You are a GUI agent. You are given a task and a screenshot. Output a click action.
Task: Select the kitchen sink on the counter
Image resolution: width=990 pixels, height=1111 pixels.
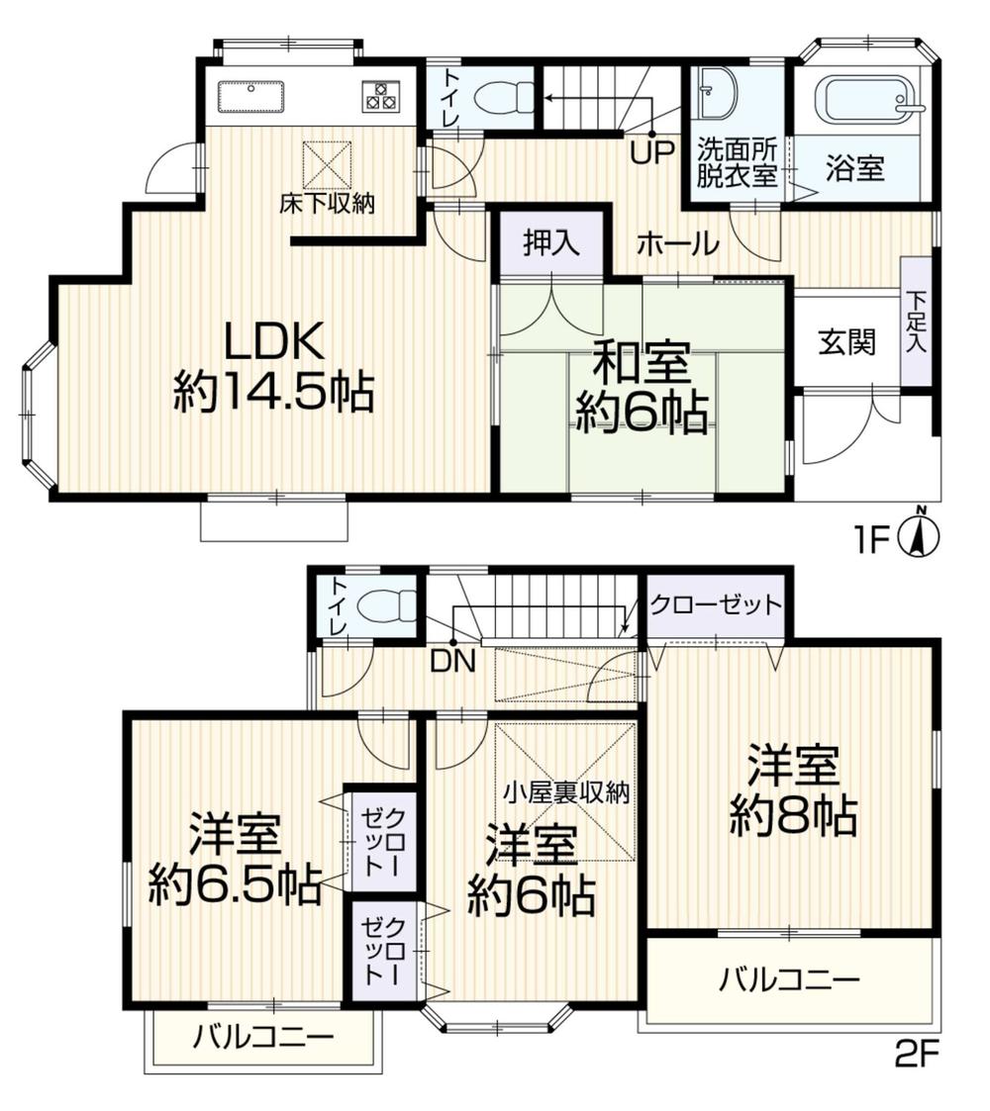pyautogui.click(x=250, y=97)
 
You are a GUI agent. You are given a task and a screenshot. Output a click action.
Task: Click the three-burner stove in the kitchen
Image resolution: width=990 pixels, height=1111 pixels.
pyautogui.click(x=381, y=95)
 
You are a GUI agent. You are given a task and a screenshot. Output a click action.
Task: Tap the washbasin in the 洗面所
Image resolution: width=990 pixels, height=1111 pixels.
pyautogui.click(x=716, y=93)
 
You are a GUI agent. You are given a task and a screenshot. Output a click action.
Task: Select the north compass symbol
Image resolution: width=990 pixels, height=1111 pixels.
pyautogui.click(x=919, y=534)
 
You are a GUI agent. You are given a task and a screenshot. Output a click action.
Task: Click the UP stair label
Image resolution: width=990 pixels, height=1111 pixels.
pyautogui.click(x=652, y=152)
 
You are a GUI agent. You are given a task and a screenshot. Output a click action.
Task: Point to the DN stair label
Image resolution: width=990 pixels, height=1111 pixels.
pyautogui.click(x=451, y=662)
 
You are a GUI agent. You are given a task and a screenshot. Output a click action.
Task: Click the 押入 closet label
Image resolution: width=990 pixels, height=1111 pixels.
pyautogui.click(x=551, y=242)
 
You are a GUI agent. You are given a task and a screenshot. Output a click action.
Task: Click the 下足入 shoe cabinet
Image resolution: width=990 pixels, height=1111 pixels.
pyautogui.click(x=917, y=321)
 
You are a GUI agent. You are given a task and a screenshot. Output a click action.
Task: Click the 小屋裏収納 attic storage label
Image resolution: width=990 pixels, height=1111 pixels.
pyautogui.click(x=566, y=792)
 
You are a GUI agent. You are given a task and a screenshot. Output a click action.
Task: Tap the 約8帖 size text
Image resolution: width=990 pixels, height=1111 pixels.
pyautogui.click(x=794, y=817)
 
